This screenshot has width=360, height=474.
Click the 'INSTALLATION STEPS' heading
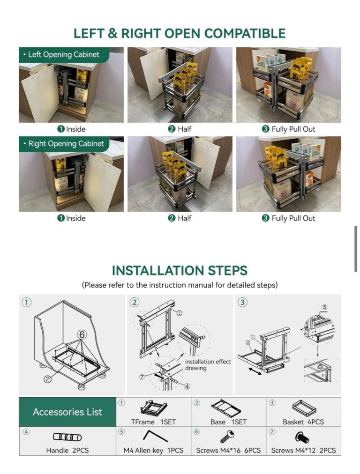pyautogui.click(x=180, y=271)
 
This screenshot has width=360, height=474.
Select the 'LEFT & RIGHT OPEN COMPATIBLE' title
pyautogui.click(x=180, y=33)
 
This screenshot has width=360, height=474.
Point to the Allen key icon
pyautogui.click(x=155, y=436)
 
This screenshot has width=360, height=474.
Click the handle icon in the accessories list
pyautogui.click(x=67, y=437)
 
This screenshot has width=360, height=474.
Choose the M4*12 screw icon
pyautogui.click(x=301, y=437)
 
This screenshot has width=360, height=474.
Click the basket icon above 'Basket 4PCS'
pyautogui.click(x=304, y=408)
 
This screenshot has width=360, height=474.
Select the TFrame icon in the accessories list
pyautogui.click(x=154, y=408)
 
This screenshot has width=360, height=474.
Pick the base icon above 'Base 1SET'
pyautogui.click(x=226, y=408)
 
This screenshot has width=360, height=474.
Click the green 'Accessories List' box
pyautogui.click(x=67, y=412)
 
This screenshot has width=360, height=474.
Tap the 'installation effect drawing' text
pyautogui.click(x=208, y=365)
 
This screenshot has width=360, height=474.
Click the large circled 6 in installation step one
pyautogui.click(x=82, y=334)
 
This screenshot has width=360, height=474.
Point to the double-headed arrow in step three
pyautogui.click(x=255, y=371)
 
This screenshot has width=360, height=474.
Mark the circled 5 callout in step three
pyautogui.click(x=324, y=307)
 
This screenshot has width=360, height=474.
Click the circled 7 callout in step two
pyautogui.click(x=142, y=377)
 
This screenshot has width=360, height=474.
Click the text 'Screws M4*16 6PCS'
pyautogui.click(x=228, y=451)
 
